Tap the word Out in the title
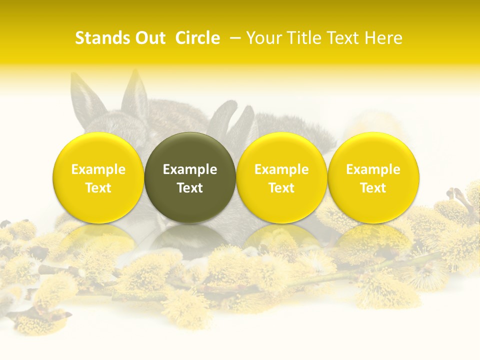pos(148,38)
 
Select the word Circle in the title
pos(197,38)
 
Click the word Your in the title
pos(262,38)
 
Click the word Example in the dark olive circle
pos(190,169)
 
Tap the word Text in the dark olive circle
pos(190,188)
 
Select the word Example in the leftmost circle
pos(98,169)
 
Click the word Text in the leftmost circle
pos(98,188)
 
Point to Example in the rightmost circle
pos(373,169)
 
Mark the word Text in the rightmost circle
pos(373,188)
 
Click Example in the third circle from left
pos(281,169)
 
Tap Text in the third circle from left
pos(281,188)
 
